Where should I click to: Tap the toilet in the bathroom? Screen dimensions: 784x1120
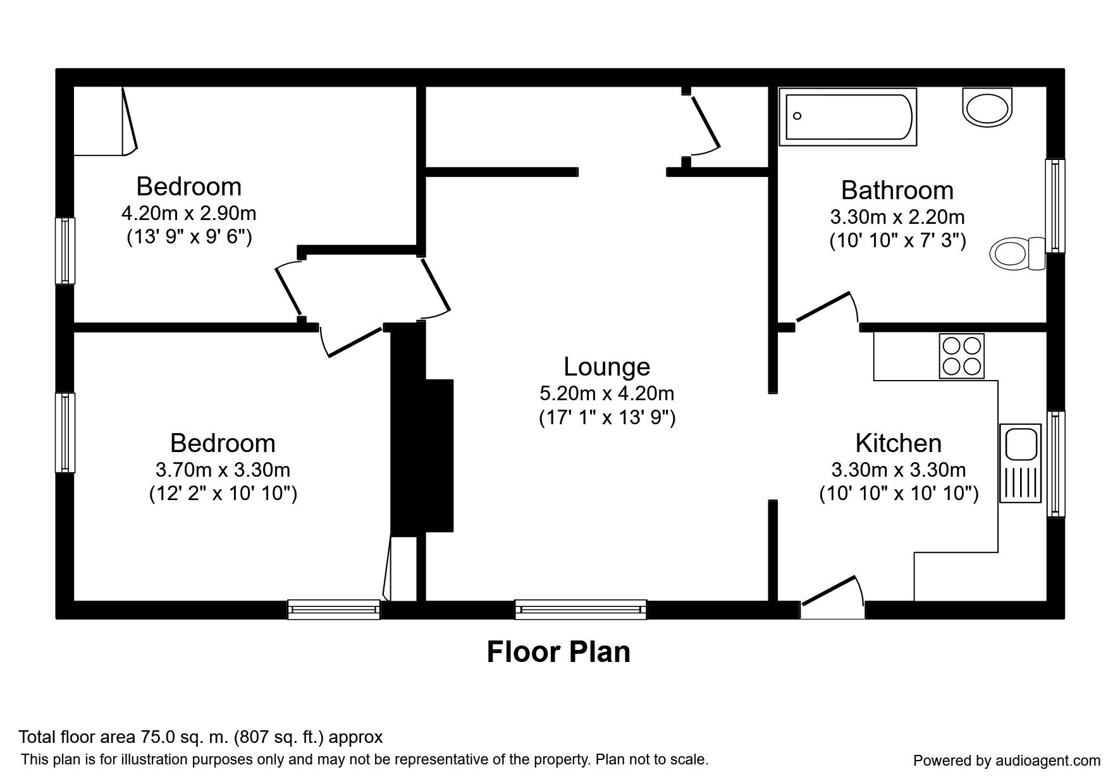(1016, 254)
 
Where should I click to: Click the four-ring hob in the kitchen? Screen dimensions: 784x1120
(961, 356)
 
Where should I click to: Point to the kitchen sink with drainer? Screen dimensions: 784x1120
(1019, 463)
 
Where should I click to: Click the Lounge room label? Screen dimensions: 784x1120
(606, 367)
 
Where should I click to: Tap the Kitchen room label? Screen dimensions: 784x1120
(898, 443)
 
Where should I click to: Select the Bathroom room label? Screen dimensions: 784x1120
(897, 190)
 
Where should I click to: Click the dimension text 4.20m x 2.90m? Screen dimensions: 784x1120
(188, 213)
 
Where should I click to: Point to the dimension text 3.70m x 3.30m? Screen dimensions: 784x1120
(223, 470)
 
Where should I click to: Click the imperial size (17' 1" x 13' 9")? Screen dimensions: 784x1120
(606, 418)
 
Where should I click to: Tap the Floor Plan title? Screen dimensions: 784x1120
(558, 652)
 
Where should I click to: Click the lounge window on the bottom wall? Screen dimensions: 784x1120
(581, 609)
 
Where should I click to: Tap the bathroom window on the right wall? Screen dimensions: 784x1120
(1055, 205)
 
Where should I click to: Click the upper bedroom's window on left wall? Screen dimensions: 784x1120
(65, 251)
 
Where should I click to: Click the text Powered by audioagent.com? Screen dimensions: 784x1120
(1006, 761)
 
